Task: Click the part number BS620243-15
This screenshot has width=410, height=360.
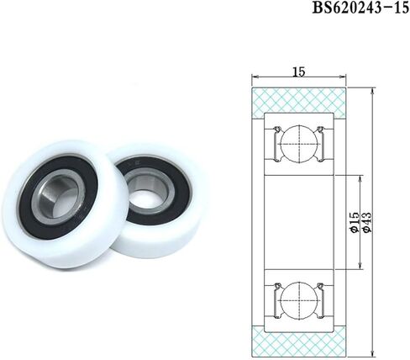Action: pos(360,9)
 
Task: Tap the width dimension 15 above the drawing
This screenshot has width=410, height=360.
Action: pos(299,72)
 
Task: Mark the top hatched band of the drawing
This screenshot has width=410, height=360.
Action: pos(300,98)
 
